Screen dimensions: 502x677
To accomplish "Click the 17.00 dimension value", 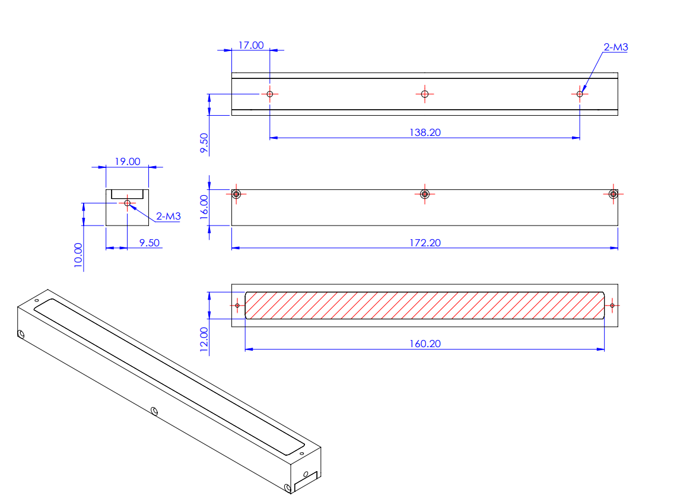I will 251,45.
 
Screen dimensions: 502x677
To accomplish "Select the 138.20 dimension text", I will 425,132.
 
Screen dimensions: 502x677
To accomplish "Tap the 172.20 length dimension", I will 425,242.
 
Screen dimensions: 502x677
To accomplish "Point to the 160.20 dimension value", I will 425,343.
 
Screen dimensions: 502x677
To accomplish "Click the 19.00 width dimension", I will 127,161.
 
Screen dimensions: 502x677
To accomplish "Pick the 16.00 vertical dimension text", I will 204,208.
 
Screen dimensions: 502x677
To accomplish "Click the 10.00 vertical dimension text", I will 78,256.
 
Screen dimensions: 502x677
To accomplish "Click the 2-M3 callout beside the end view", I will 168,217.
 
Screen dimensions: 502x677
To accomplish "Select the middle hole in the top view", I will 424,94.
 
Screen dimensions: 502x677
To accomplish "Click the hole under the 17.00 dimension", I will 270,94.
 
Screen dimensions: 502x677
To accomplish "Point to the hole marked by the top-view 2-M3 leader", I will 580,94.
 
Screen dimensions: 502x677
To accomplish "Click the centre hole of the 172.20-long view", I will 424,194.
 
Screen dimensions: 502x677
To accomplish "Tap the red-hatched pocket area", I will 424,305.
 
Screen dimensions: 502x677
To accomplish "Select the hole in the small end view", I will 127,203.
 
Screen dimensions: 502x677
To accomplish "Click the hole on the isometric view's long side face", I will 154,410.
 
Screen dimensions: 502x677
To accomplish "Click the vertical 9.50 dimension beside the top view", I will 204,144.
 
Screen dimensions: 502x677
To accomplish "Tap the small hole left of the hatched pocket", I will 238,306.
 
